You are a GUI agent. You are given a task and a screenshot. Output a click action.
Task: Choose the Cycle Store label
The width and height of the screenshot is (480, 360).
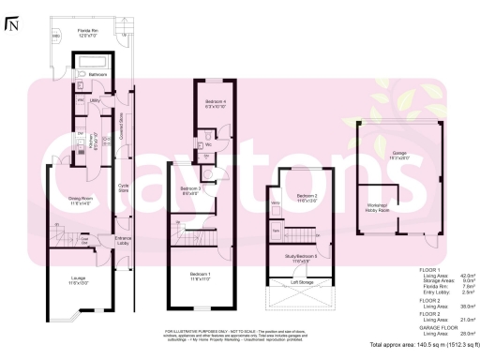(123, 187)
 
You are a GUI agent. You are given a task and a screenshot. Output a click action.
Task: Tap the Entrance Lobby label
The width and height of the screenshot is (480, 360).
(123, 241)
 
